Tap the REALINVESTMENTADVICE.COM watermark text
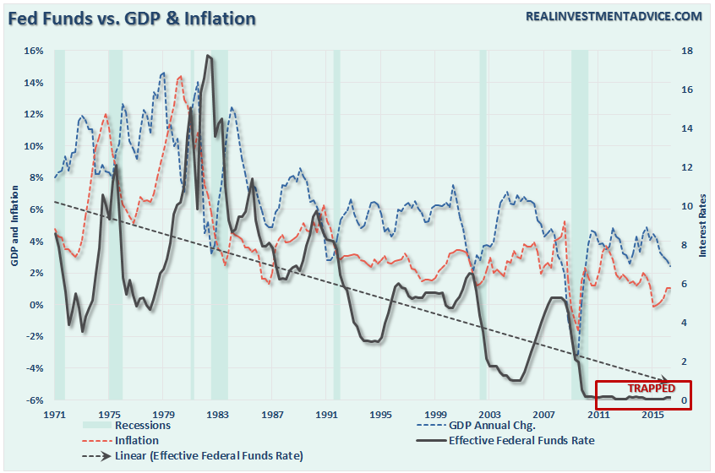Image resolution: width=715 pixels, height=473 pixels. [x=613, y=16]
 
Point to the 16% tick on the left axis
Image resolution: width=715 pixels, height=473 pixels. [x=33, y=51]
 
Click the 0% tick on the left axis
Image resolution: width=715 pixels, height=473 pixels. [x=35, y=304]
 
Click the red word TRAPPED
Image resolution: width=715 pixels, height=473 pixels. [x=651, y=388]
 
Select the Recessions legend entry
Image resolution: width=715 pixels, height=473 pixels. [x=142, y=426]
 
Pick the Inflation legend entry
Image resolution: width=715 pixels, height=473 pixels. [x=134, y=441]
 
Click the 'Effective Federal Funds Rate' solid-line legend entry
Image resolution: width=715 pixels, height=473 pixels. [x=521, y=441]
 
